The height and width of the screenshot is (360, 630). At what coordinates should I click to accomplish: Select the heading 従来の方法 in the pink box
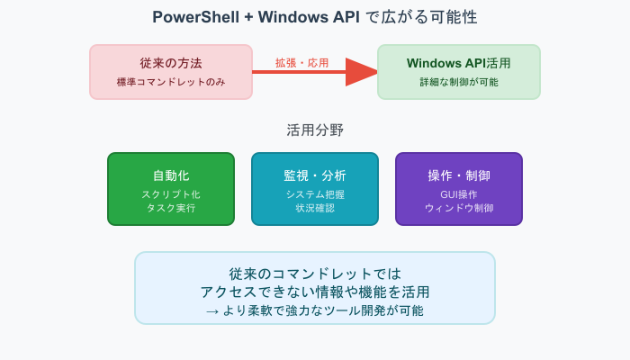[170, 63]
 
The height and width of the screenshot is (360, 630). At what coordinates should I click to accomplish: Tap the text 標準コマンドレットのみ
[170, 82]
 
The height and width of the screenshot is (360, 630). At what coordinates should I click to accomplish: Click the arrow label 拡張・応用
[301, 63]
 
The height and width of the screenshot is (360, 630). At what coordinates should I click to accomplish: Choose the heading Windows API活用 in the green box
[458, 63]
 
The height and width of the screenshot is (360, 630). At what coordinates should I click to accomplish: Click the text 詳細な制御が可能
[458, 82]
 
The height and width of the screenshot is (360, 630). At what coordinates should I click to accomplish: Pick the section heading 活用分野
[315, 130]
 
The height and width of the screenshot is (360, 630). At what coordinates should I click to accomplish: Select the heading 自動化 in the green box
[170, 175]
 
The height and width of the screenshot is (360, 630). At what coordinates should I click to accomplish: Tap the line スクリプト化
[170, 194]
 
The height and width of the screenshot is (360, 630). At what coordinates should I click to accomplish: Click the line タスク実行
[170, 208]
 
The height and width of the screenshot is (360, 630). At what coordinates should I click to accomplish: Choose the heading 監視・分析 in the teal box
[314, 175]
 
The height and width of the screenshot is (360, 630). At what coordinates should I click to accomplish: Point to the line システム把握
[314, 194]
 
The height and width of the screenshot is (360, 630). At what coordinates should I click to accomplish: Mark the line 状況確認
[314, 208]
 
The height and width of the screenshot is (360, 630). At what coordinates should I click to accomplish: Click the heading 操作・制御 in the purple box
[458, 175]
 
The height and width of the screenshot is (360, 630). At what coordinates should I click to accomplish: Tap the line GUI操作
[458, 194]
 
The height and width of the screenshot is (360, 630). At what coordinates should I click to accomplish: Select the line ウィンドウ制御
[458, 208]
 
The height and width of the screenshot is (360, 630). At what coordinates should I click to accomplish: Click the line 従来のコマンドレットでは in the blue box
[314, 274]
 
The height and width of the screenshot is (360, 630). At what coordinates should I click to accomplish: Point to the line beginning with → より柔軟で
[314, 310]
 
